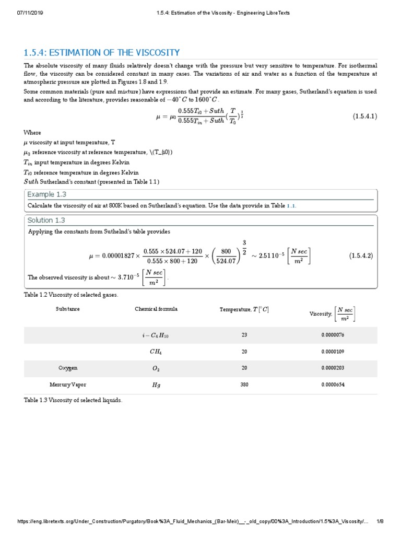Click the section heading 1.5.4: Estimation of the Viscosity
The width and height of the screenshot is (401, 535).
click(x=102, y=53)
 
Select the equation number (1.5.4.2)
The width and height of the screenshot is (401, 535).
click(x=361, y=255)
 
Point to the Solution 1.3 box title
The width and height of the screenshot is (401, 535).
click(x=46, y=220)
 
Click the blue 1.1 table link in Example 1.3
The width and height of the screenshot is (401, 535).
click(x=291, y=206)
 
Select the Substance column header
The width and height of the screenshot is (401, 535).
click(x=68, y=309)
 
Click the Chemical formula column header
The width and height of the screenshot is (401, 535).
click(x=156, y=309)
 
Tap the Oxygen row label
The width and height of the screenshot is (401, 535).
click(x=68, y=368)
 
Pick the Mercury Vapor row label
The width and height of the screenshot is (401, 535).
click(x=68, y=385)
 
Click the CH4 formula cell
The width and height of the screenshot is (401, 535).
click(x=156, y=352)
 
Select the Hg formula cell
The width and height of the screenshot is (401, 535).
click(x=156, y=385)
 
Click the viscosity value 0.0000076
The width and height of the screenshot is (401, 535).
click(x=333, y=335)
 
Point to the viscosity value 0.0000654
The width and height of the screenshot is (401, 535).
click(x=333, y=385)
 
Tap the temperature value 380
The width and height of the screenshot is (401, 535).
click(x=244, y=385)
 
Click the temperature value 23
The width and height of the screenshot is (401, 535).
click(x=244, y=335)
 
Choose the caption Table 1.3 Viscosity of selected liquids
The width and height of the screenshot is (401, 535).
click(x=73, y=400)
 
